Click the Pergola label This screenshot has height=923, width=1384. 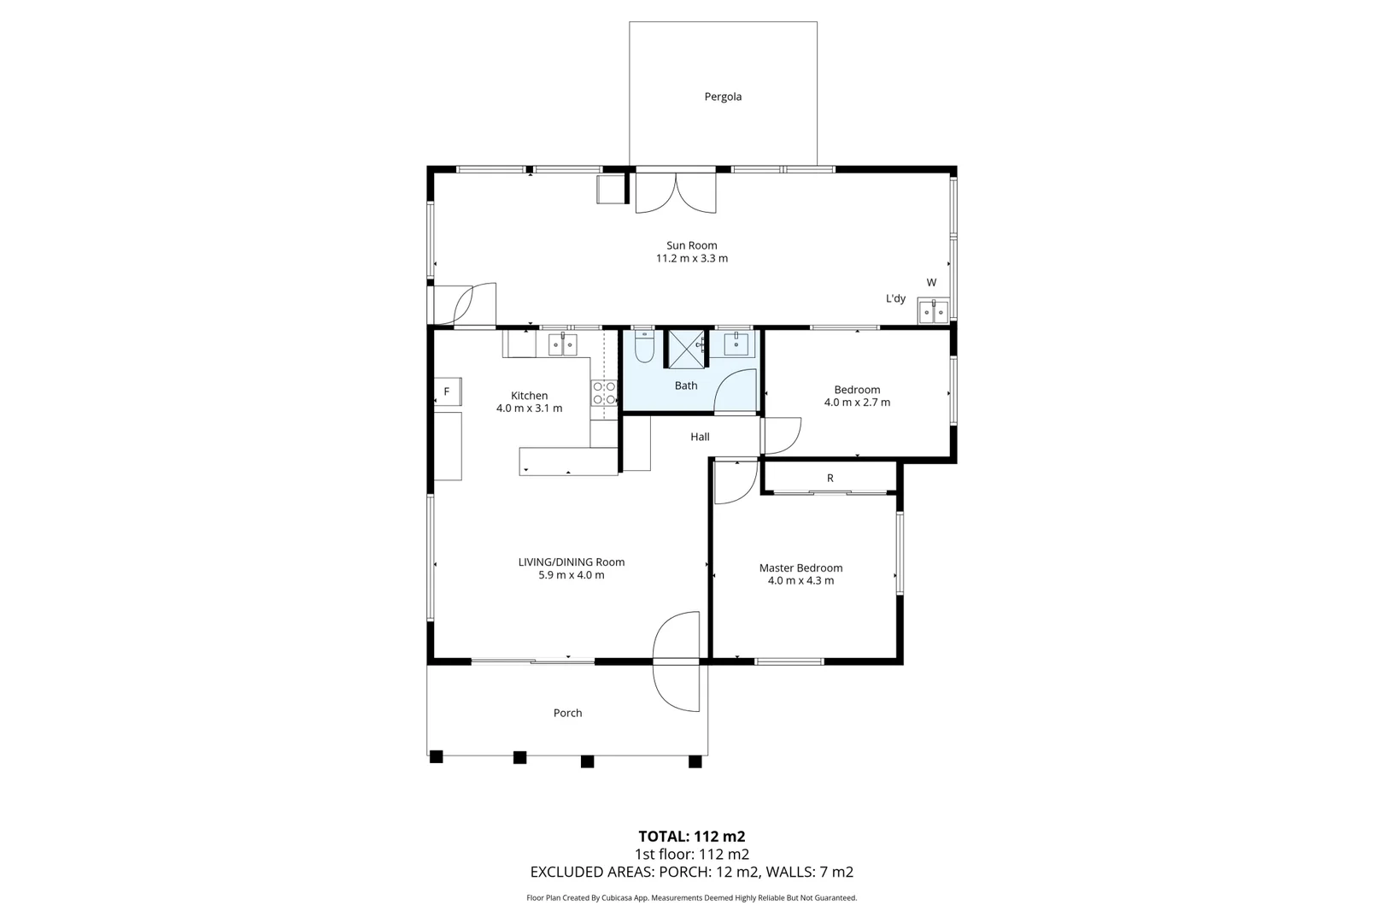coord(723,97)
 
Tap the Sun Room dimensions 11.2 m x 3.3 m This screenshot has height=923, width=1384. coord(692,258)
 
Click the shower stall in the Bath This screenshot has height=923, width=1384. coord(687,349)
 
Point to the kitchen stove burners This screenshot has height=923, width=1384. coord(604,392)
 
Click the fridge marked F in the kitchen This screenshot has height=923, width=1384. coord(448,391)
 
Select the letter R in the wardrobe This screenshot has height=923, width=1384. coord(830,478)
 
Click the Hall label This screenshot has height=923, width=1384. coord(700,437)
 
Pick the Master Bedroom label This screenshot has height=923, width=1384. coord(800,567)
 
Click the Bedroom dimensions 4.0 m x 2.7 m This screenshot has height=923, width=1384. coord(857,403)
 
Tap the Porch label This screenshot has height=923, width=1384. coord(568,713)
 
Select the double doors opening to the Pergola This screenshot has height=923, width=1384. coord(676,191)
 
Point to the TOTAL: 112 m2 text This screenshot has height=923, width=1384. coord(692,837)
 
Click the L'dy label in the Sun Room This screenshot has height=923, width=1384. coord(896,298)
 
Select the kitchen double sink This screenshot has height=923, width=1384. coord(563,344)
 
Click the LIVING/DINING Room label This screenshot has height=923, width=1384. coord(572,562)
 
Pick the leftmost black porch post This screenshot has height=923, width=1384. coord(437,756)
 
